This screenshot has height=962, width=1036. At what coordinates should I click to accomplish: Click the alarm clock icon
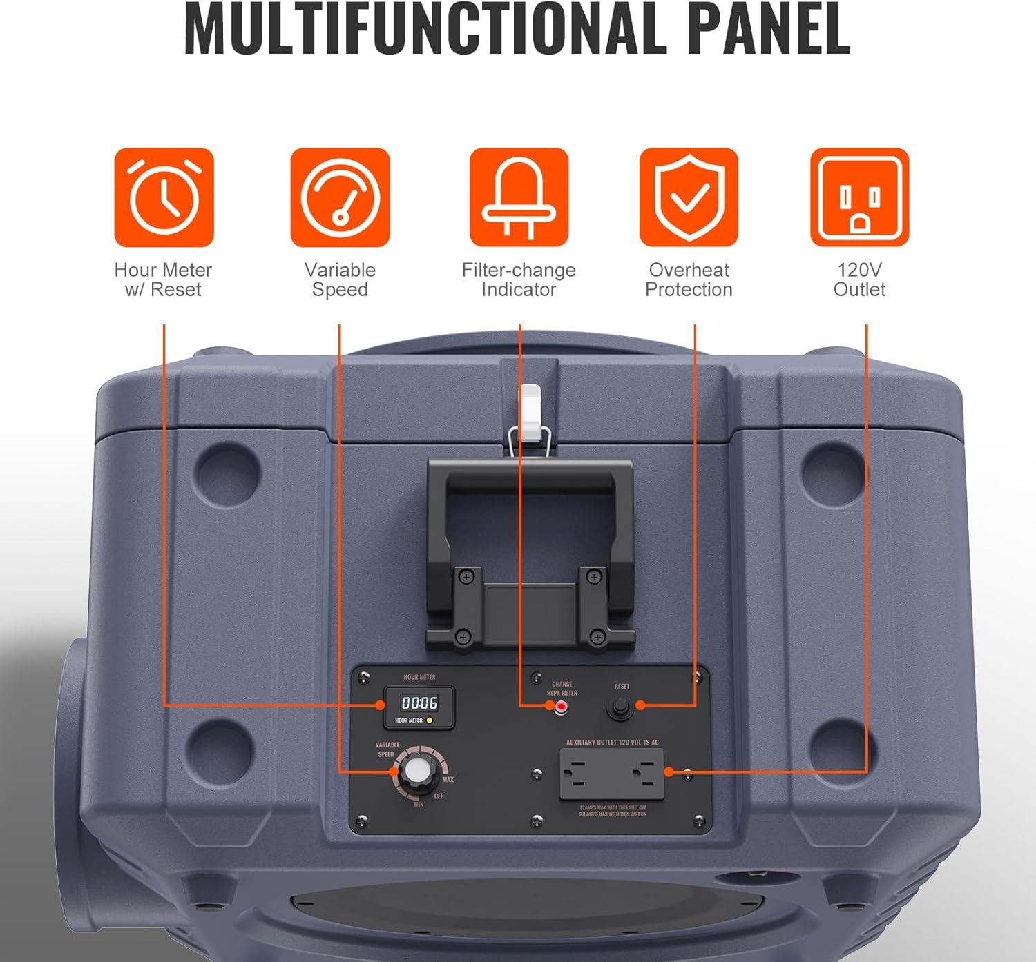coord(164,197)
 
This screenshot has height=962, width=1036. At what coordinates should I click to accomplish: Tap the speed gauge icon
coord(340,197)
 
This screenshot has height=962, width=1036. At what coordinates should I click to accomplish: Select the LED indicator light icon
coord(519,197)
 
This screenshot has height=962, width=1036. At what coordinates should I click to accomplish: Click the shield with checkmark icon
coord(689,197)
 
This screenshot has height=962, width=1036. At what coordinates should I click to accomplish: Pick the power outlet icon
coord(859,197)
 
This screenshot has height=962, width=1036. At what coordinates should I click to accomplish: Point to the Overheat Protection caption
coord(689,279)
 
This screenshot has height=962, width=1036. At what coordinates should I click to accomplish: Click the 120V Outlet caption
coord(859,279)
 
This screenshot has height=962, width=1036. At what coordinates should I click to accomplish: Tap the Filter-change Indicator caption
coord(519,279)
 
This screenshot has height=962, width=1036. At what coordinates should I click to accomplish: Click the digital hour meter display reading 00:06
coord(419,703)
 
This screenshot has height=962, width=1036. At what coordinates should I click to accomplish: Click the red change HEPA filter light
coord(562,706)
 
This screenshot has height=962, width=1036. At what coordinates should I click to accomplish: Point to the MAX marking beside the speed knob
coord(448,780)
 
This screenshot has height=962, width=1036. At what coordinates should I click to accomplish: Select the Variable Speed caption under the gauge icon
coord(340,279)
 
